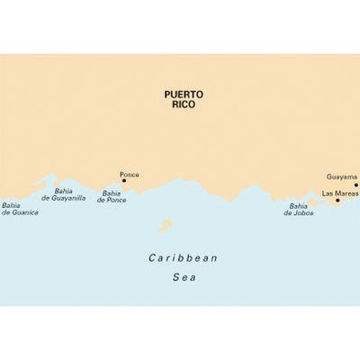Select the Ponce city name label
click(x=130, y=174)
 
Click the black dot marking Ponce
click(x=123, y=180)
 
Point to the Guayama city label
click(x=341, y=177)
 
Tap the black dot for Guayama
click(x=355, y=184)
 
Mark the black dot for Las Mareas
click(x=337, y=201)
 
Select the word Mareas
click(x=346, y=193)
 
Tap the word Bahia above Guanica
click(x=12, y=204)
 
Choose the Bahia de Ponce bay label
click(x=112, y=196)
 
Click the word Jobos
click(x=304, y=213)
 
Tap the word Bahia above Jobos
click(x=298, y=206)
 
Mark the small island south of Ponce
click(x=165, y=225)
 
